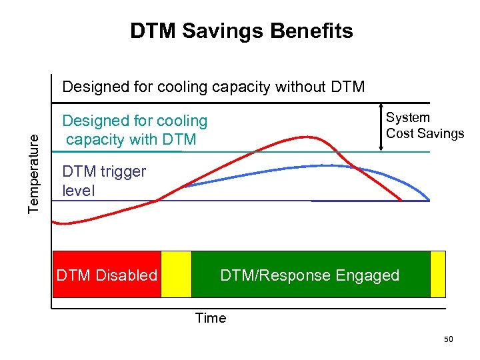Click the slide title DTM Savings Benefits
coord(241,31)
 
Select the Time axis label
coord(211,318)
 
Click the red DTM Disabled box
coord(107,274)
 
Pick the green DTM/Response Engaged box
coord(310,274)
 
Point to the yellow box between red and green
coord(176,274)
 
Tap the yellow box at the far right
coord(438,274)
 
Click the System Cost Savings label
coord(425,125)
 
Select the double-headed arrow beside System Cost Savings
coord(380,127)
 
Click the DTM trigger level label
coord(104,181)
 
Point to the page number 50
coord(449,340)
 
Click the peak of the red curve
coord(307,137)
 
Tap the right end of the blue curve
coord(429,199)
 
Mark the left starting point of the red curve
coord(55,223)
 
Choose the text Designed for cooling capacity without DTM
coord(213,87)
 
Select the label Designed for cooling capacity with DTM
coord(135,130)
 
